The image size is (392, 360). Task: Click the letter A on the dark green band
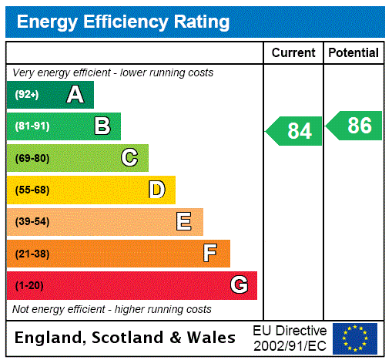point(75,95)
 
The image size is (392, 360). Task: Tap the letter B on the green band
point(102,126)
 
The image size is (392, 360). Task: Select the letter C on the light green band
point(129,158)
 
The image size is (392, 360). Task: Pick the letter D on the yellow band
point(156,190)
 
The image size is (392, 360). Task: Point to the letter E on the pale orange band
point(184,222)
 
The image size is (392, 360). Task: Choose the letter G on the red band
point(239,285)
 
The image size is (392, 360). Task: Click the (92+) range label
point(27,95)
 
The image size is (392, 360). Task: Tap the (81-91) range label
point(32,126)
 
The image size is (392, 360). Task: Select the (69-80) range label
point(32,158)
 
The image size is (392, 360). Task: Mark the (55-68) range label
point(32,190)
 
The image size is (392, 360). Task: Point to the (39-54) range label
point(32,222)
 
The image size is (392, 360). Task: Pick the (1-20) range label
point(29,286)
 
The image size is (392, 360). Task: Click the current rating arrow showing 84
point(295,130)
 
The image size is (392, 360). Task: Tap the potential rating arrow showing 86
point(355,126)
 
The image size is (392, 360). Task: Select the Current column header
point(293,53)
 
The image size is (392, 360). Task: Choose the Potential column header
point(353,53)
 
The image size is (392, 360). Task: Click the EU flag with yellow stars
point(355,338)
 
